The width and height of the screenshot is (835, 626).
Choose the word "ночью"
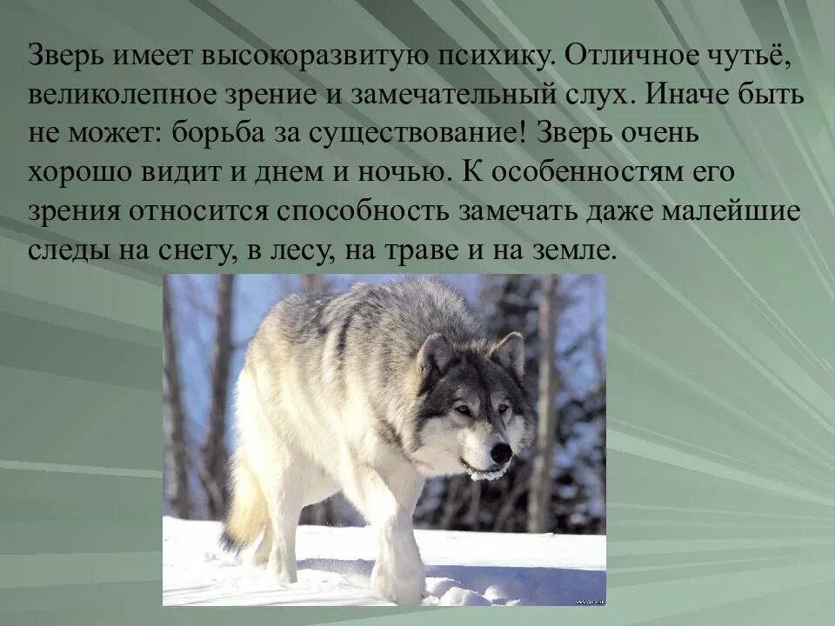(x=403, y=173)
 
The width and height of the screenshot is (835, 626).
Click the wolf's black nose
(x=500, y=452)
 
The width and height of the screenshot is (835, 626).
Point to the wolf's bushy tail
(x=244, y=513)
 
